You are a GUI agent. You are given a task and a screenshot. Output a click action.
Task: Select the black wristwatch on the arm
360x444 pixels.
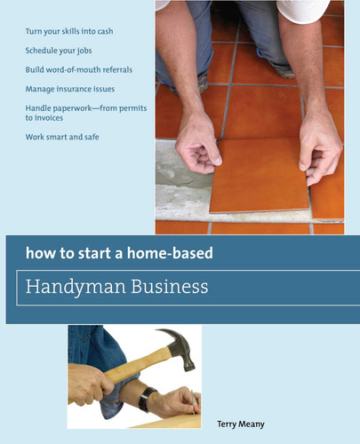click(x=144, y=397)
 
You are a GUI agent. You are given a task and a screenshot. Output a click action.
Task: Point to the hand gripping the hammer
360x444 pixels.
click(x=92, y=382)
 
